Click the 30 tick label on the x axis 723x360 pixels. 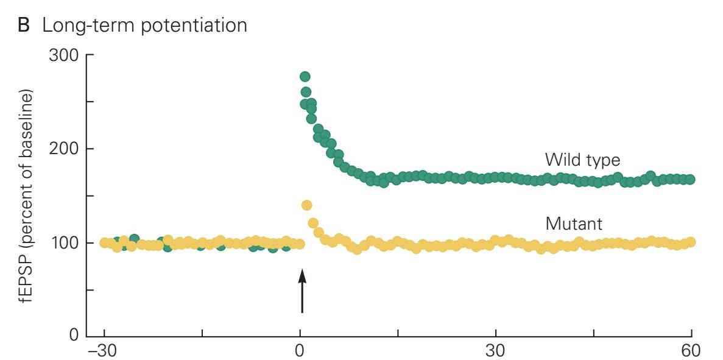pyautogui.click(x=496, y=351)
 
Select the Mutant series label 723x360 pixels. pyautogui.click(x=574, y=224)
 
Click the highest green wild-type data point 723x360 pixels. pyautogui.click(x=305, y=77)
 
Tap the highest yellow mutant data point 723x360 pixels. pyautogui.click(x=306, y=205)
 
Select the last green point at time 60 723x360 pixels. pyautogui.click(x=690, y=180)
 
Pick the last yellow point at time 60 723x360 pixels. pyautogui.click(x=690, y=242)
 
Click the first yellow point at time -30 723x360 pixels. pyautogui.click(x=105, y=243)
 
